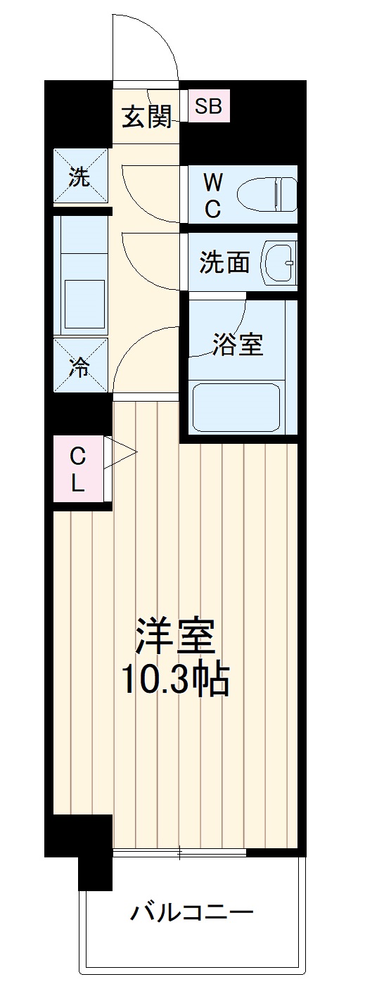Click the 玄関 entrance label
point(147,117)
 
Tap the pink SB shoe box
point(208,107)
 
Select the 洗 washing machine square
point(81,177)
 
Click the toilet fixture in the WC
point(267,195)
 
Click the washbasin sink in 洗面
point(279,262)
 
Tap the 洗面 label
point(224,262)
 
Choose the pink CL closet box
point(77,470)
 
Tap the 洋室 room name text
point(174,637)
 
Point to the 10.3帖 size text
point(175,679)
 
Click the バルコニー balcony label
point(191,914)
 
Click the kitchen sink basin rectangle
point(84,304)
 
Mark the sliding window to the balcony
point(179,853)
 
